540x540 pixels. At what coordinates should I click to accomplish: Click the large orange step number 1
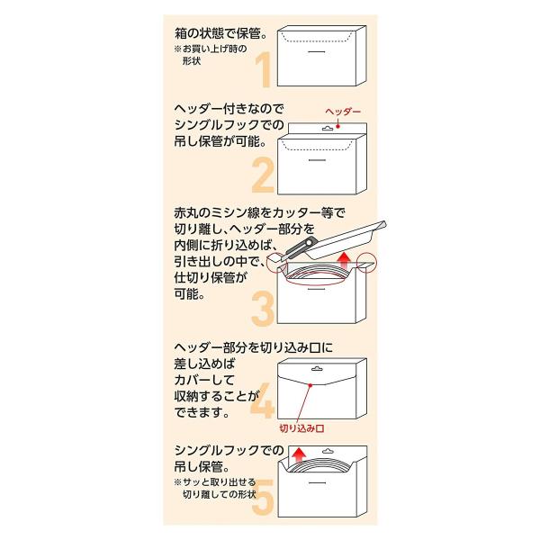pos(265,70)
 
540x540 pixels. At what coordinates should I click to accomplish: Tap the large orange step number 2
pos(263,175)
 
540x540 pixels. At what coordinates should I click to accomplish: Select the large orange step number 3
pos(263,309)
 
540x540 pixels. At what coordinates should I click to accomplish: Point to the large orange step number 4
pos(263,400)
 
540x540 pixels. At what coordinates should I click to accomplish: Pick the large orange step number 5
pos(263,497)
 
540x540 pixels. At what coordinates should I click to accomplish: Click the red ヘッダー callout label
pos(343,112)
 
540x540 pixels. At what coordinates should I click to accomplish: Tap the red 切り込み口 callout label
pos(301,428)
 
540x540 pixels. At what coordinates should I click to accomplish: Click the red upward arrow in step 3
pos(344,260)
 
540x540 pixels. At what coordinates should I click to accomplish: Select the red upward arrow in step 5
pos(298,454)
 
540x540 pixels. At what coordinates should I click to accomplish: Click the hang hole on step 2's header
pos(328,129)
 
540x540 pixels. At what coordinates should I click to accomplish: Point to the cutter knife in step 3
pos(295,249)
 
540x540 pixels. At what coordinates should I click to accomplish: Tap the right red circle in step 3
pos(367,263)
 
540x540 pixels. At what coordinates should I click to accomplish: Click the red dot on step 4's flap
pos(310,385)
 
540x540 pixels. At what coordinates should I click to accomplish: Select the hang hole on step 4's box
pos(317,369)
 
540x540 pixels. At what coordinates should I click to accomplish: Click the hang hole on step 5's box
pos(328,451)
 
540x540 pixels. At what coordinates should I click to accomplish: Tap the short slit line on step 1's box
pos(317,51)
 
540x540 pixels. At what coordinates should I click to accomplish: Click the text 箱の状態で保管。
pos(221,33)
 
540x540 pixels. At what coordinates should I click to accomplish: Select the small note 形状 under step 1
pos(192,61)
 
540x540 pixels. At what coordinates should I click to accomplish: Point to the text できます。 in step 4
pos(202,412)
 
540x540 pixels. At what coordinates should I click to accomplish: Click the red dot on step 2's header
pos(337,126)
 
